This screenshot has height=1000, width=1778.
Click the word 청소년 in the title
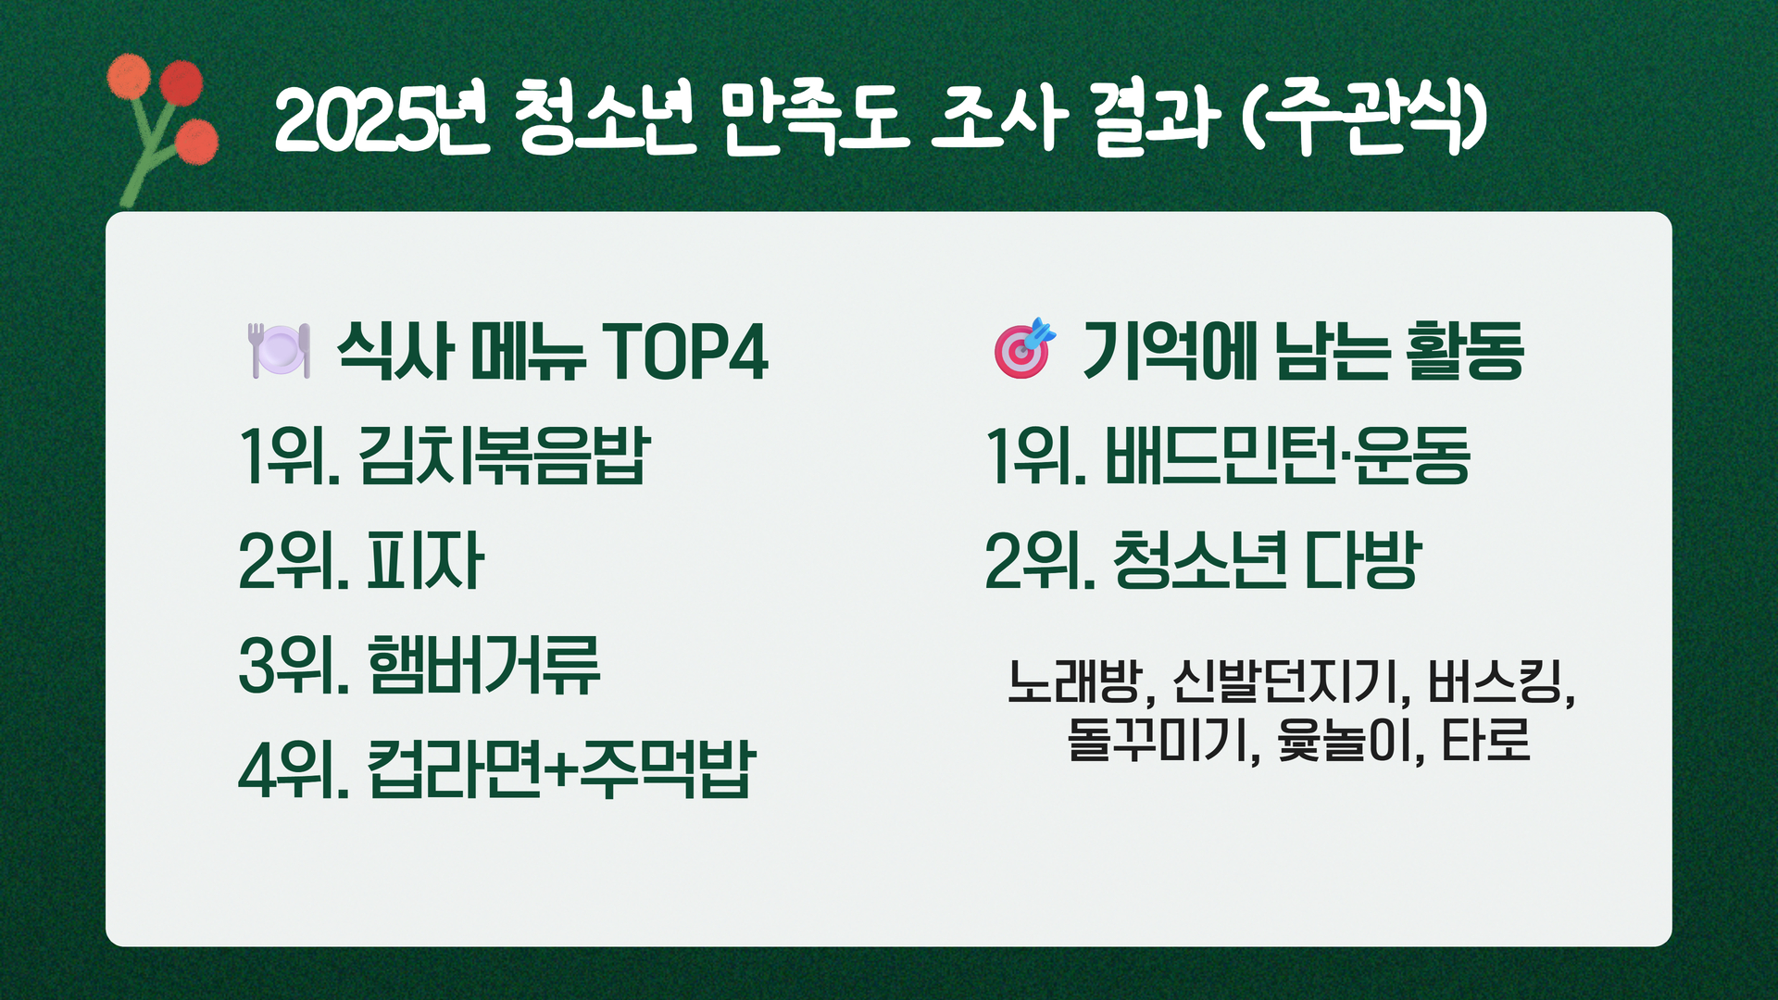603,119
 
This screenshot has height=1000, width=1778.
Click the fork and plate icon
279,350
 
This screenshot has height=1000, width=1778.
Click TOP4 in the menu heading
685,352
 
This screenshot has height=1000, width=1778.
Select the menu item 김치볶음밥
505,456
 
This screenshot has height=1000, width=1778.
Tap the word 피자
425,560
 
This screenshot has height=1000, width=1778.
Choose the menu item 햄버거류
483,665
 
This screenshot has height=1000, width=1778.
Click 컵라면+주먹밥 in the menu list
561,769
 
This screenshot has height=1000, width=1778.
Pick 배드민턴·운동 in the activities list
1287,456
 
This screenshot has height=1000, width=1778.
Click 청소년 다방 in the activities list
1267,560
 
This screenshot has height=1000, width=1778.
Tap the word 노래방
1074,681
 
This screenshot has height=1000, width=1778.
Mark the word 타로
1485,740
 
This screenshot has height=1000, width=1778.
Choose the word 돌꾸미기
1157,740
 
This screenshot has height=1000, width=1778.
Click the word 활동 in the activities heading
1464,351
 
